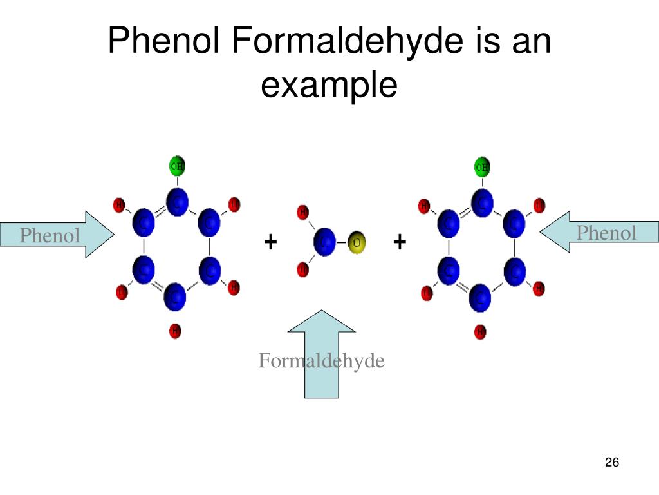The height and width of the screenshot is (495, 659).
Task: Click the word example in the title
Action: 329,85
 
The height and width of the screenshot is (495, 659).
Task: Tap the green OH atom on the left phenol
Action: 176,166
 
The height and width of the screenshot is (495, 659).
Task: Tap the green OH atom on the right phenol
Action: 482,167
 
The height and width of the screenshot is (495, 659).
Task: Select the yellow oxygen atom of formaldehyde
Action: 356,243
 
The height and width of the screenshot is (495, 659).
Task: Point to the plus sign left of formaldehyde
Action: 270,242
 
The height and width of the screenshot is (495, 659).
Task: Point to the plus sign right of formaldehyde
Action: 400,242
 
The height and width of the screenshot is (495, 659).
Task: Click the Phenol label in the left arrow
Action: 50,236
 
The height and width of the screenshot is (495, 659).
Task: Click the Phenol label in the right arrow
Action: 606,233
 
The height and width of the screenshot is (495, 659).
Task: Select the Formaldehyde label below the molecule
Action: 321,361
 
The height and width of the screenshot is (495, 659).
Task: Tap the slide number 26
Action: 611,462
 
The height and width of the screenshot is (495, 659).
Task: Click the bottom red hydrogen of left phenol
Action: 175,331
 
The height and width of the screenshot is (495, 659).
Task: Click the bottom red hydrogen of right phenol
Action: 480,332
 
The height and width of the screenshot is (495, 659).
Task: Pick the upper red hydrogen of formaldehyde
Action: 302,211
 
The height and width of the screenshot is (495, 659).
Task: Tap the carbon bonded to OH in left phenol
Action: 176,202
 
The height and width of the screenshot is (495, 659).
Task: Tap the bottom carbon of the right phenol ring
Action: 480,298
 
